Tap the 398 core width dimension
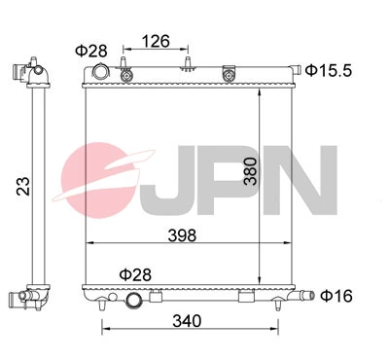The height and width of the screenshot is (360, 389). click(x=182, y=234)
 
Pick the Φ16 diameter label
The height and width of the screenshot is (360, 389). click(x=335, y=295)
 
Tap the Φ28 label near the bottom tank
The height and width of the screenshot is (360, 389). click(x=135, y=275)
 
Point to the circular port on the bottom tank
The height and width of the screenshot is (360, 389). click(x=134, y=301)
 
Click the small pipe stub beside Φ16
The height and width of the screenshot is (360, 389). click(x=307, y=295)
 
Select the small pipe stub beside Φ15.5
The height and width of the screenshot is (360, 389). click(x=293, y=70)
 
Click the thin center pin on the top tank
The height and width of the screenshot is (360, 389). click(x=185, y=65)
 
